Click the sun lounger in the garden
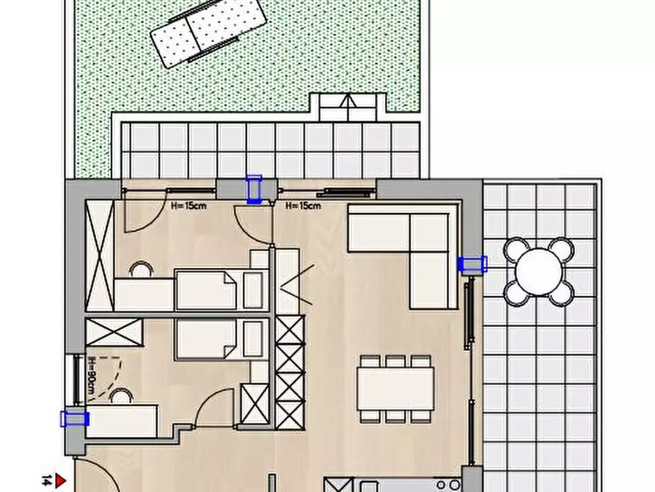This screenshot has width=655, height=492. (208, 32)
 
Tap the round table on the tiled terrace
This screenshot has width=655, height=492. (539, 272)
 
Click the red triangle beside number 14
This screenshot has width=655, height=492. (61, 481)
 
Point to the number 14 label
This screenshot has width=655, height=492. (47, 481)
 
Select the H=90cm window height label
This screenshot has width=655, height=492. (92, 377)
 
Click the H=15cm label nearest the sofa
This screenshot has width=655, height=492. (303, 206)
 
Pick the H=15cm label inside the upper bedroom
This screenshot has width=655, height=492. (189, 206)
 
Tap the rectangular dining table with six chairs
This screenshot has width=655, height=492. (395, 389)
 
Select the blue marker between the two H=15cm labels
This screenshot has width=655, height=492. (254, 189)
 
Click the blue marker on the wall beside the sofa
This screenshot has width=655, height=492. (472, 264)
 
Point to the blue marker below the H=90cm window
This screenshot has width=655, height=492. (75, 419)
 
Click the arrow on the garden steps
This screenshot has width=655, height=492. (347, 101)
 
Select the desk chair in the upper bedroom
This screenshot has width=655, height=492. (141, 269)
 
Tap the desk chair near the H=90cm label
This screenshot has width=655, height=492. (121, 396)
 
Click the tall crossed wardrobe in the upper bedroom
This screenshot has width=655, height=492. (100, 256)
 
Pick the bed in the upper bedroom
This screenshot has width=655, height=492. (222, 290)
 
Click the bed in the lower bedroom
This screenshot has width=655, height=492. (222, 339)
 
